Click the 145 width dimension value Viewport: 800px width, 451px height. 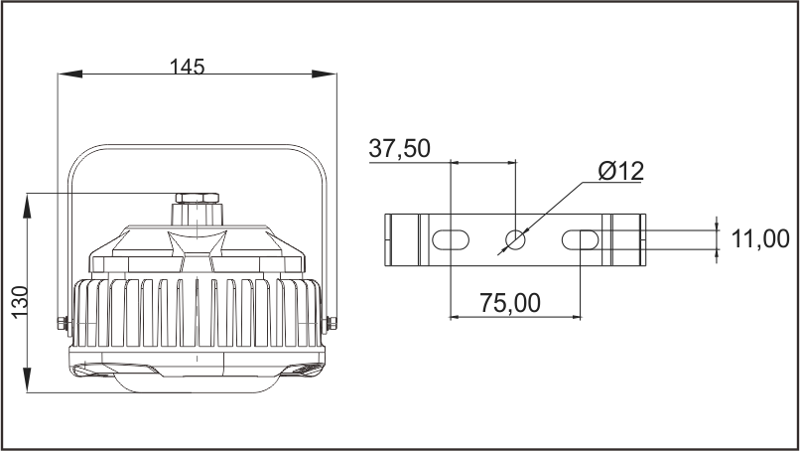pos(187,67)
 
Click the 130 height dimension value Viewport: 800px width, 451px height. pos(21,302)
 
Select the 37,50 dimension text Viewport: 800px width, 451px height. pos(399,148)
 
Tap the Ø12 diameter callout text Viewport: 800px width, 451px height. pos(621,171)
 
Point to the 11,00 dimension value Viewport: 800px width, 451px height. pos(760,238)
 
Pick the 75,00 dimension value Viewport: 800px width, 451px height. pos(510,303)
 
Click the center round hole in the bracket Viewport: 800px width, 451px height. pos(515,239)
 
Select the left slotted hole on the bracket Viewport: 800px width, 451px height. pos(451,239)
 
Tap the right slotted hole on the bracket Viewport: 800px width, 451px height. pos(580,239)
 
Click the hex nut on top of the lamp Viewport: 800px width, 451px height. pos(198,198)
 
